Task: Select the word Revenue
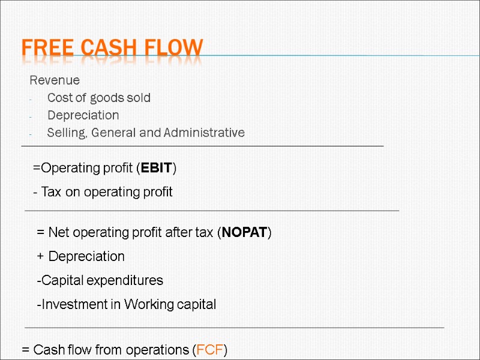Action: [x=55, y=80]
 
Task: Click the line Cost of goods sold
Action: [x=99, y=98]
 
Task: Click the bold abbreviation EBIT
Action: [x=156, y=168]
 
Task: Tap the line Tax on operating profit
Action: [x=103, y=192]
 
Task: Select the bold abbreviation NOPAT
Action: [x=244, y=233]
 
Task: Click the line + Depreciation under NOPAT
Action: [x=81, y=257]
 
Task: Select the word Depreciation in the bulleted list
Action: [x=83, y=115]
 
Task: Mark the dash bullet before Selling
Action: [x=30, y=133]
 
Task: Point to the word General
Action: [x=114, y=133]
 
